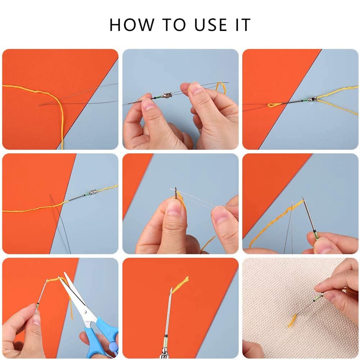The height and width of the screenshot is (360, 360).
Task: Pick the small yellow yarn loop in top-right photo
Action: point(274,105)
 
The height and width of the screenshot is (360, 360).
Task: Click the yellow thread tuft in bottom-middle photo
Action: point(181,282)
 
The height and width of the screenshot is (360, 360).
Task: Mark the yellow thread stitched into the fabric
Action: point(292,320)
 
